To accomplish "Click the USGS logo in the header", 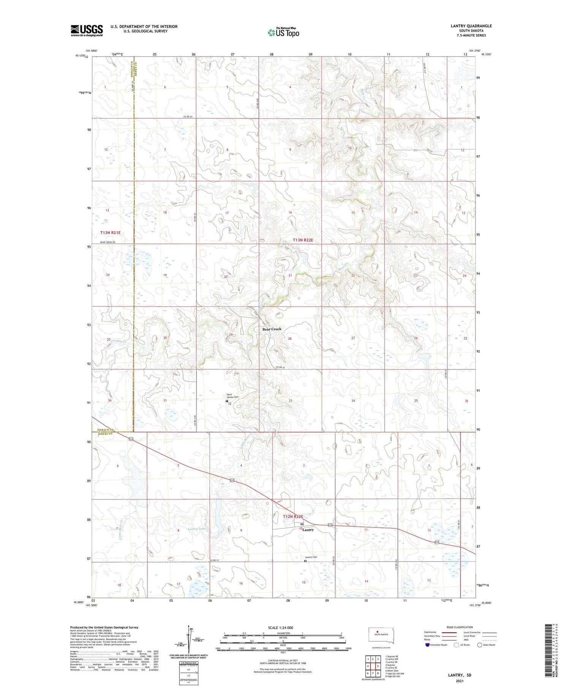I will (87, 30).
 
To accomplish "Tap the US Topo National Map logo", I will (283, 32).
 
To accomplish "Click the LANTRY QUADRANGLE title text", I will (471, 26).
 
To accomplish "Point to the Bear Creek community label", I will (272, 329).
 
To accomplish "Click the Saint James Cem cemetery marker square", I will (227, 401).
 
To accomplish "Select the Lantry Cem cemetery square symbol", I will (305, 561).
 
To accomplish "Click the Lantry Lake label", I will (197, 529).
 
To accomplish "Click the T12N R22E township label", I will (293, 517).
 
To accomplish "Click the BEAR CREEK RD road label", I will (108, 242).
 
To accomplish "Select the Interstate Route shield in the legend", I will (427, 645).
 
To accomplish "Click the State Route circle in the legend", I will (480, 645).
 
